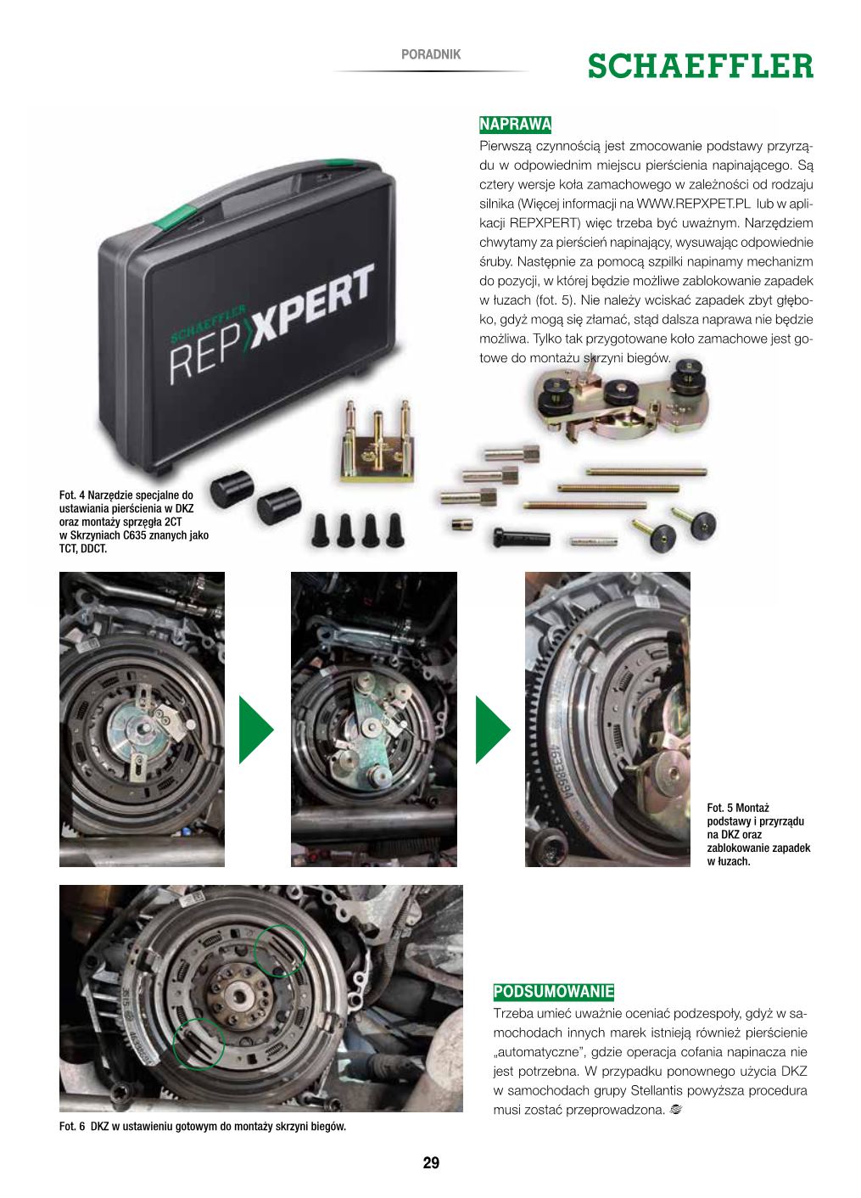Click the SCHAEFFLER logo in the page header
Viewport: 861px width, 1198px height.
click(700, 66)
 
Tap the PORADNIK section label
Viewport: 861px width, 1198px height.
click(431, 54)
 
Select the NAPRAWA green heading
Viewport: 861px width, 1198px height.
click(514, 125)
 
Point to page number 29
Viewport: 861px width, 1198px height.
click(431, 1162)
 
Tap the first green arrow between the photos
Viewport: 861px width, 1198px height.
click(256, 730)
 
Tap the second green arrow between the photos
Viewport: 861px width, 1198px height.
click(493, 730)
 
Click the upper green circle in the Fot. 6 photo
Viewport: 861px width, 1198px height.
click(279, 950)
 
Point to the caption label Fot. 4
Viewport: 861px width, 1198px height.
click(70, 495)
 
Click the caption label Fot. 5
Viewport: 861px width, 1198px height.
click(719, 808)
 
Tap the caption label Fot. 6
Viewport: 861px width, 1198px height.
click(71, 1127)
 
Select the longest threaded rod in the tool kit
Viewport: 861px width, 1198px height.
click(646, 472)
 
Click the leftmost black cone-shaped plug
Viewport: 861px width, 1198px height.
click(320, 530)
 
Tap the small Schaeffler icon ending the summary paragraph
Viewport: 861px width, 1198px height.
click(675, 1111)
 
